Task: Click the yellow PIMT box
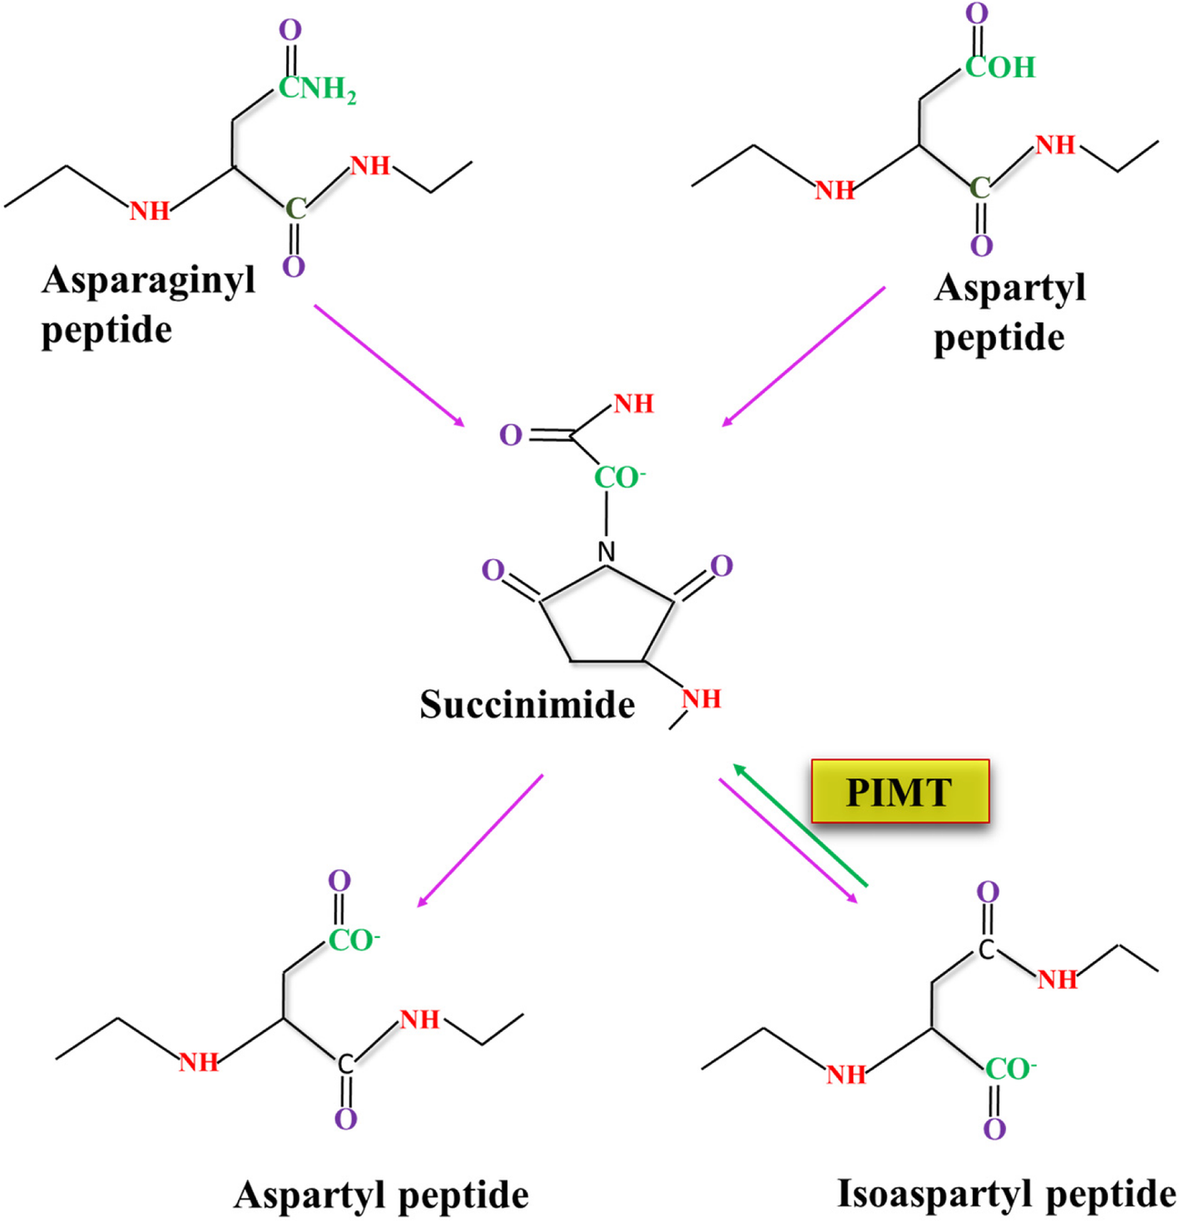[900, 791]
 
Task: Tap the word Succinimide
[527, 704]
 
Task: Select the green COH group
[999, 67]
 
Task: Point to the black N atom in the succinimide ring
[607, 551]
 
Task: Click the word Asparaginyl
[148, 281]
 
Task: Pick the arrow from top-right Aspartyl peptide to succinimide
[803, 357]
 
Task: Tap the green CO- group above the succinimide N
[618, 478]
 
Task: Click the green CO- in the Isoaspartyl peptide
[1010, 1069]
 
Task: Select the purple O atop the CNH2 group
[290, 30]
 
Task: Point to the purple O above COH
[977, 13]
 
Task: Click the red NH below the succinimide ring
[701, 699]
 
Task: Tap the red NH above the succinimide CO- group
[633, 404]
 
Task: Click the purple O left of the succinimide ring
[493, 570]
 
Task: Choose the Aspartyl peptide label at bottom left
[381, 1195]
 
